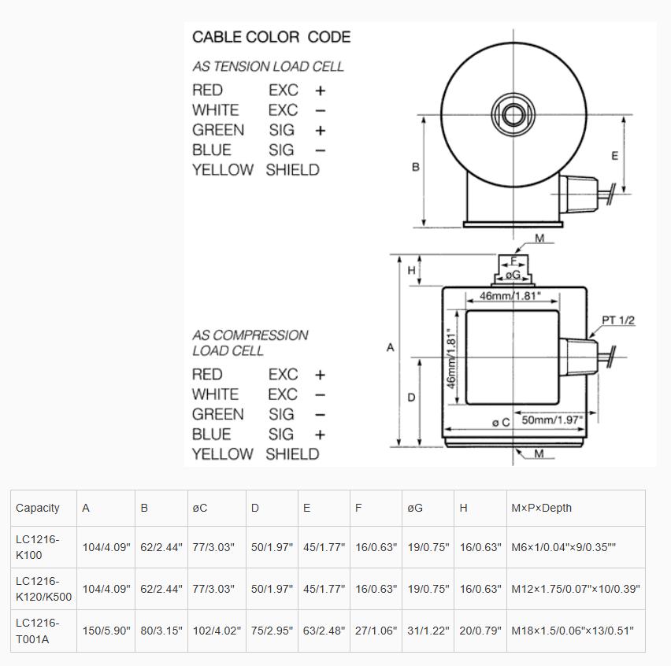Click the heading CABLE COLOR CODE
271,37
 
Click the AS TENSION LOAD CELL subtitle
268,67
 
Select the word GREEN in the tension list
217,130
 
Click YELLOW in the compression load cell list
222,454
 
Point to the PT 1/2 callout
618,320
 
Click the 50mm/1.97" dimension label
552,420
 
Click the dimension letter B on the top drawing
416,167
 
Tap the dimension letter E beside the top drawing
615,156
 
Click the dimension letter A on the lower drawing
390,347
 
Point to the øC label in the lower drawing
501,422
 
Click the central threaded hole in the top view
513,115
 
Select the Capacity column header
38,508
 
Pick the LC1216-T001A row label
38,631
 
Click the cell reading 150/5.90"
106,631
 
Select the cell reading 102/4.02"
215,631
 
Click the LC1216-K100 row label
38,546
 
